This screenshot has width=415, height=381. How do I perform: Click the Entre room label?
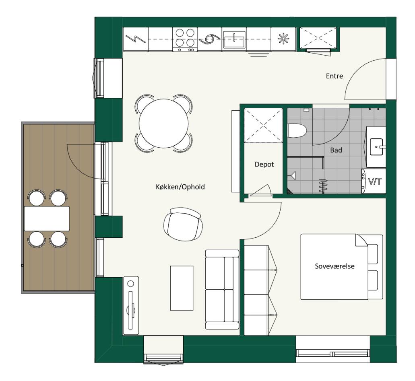coord(334,76)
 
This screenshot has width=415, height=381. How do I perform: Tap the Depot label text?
coord(264,165)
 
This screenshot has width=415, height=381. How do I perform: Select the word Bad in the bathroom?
coord(336,150)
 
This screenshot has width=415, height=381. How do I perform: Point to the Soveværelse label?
coord(334,266)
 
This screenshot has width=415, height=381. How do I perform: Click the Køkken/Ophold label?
coord(180,187)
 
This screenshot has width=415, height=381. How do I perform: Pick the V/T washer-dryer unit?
coord(374,181)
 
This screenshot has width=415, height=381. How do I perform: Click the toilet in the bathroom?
coord(297,130)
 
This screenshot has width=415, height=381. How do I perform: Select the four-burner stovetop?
coord(185,39)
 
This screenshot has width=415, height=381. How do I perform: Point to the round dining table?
coord(163,123)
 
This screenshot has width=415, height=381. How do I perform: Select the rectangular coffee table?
coord(182,288)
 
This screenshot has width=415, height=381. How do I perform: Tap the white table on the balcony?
coord(47,218)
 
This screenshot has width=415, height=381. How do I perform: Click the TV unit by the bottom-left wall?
coord(131,306)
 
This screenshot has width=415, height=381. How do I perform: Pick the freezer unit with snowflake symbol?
coord(283,39)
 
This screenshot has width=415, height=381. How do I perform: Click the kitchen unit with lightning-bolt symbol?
coord(136,39)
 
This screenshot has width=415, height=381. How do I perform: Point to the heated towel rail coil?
coord(323,185)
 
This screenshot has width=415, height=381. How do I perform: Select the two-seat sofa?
coord(222,289)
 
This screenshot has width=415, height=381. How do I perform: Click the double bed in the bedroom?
coord(341,267)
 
